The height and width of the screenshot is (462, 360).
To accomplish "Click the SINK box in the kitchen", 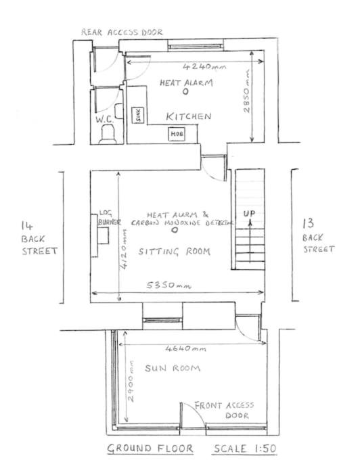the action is pyautogui.click(x=137, y=115).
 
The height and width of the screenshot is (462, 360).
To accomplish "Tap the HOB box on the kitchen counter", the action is pyautogui.click(x=177, y=134).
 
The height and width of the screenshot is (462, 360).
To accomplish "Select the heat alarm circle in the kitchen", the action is pyautogui.click(x=185, y=92).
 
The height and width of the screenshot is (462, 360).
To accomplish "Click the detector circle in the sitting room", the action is pyautogui.click(x=175, y=230).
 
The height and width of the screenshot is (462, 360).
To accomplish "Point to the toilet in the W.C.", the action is pyautogui.click(x=108, y=134).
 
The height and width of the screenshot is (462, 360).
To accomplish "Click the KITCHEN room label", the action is pyautogui.click(x=189, y=116).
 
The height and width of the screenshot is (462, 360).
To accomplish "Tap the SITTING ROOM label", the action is pyautogui.click(x=175, y=252).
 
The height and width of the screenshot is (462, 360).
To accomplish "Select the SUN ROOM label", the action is pyautogui.click(x=173, y=368).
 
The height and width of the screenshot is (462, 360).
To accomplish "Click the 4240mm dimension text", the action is pyautogui.click(x=204, y=66).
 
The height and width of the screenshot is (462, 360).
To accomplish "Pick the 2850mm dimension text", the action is pyautogui.click(x=246, y=91).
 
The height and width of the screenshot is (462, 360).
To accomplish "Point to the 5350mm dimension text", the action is pyautogui.click(x=169, y=285).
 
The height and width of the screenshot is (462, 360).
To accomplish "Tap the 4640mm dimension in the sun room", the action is pyautogui.click(x=185, y=349).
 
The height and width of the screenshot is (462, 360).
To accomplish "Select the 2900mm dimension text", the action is pyautogui.click(x=131, y=382).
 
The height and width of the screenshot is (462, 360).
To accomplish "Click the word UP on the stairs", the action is pyautogui.click(x=249, y=213).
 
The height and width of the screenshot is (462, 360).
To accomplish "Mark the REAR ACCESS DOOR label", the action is pyautogui.click(x=122, y=32).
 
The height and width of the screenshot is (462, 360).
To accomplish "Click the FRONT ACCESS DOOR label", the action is pyautogui.click(x=224, y=410).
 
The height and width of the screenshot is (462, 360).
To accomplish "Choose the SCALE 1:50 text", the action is pyautogui.click(x=246, y=448).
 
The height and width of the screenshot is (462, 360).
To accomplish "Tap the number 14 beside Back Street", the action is pyautogui.click(x=27, y=226).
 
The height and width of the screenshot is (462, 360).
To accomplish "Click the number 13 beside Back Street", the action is pyautogui.click(x=309, y=223).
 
